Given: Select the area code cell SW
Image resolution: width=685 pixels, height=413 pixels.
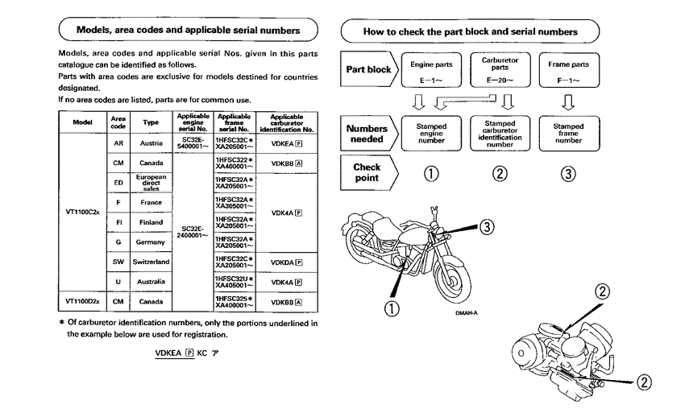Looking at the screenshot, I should (118, 262).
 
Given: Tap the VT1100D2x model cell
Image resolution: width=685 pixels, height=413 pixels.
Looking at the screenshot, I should (83, 301).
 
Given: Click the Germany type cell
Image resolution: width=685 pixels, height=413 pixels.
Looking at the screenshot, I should (151, 242).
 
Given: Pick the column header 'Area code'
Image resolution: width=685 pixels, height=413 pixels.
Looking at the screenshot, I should (118, 122).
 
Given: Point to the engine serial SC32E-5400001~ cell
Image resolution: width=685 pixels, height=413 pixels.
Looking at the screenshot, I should (193, 142).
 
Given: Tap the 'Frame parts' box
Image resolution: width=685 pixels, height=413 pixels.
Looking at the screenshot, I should (569, 69).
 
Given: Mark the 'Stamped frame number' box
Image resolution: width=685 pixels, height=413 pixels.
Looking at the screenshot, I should (569, 132).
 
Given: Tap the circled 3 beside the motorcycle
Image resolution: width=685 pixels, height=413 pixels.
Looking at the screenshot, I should (486, 227).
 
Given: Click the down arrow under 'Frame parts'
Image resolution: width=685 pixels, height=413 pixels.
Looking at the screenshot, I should (569, 102).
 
